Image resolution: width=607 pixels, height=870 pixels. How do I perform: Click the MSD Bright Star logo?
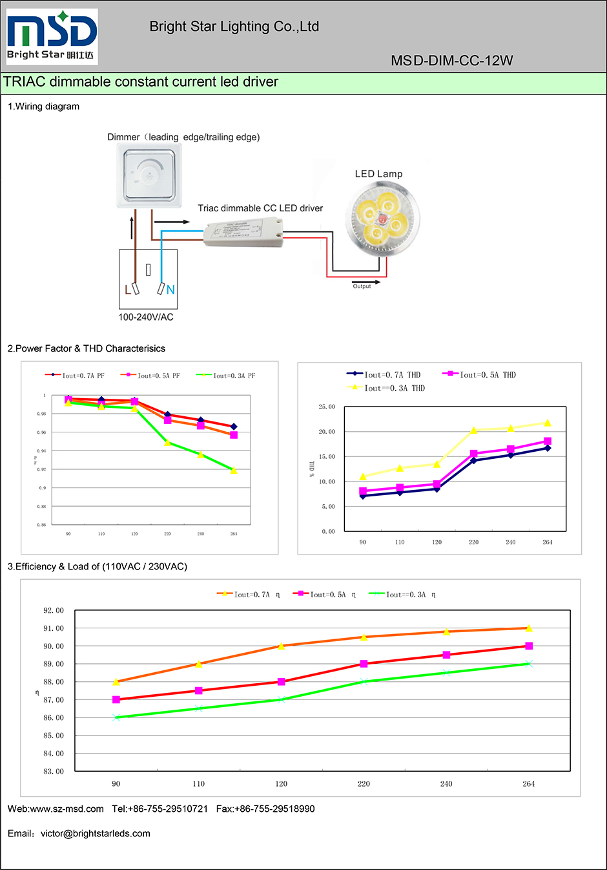(x=52, y=37)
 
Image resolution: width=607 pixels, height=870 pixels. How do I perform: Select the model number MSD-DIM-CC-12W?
(x=451, y=61)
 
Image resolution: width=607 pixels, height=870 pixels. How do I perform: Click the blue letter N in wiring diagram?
(x=170, y=290)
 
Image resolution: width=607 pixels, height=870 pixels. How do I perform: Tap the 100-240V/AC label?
(x=146, y=317)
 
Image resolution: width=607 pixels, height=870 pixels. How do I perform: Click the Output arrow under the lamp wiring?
(x=365, y=282)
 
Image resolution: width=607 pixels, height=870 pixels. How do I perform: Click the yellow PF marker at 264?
(x=234, y=471)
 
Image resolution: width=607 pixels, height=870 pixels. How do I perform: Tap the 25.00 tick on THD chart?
(x=327, y=407)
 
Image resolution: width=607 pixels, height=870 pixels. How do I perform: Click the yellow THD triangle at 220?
(x=474, y=430)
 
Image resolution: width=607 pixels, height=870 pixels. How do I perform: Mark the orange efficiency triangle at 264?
(x=529, y=628)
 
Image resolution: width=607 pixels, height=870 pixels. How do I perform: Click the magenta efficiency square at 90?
(x=116, y=699)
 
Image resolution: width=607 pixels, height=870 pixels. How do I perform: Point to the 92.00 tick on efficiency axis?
(x=54, y=610)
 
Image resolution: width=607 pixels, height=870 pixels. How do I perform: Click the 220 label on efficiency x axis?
(x=364, y=784)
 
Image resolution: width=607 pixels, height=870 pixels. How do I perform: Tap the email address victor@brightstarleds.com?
(x=96, y=834)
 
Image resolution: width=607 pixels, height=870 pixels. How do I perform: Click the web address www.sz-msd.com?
(x=67, y=809)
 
